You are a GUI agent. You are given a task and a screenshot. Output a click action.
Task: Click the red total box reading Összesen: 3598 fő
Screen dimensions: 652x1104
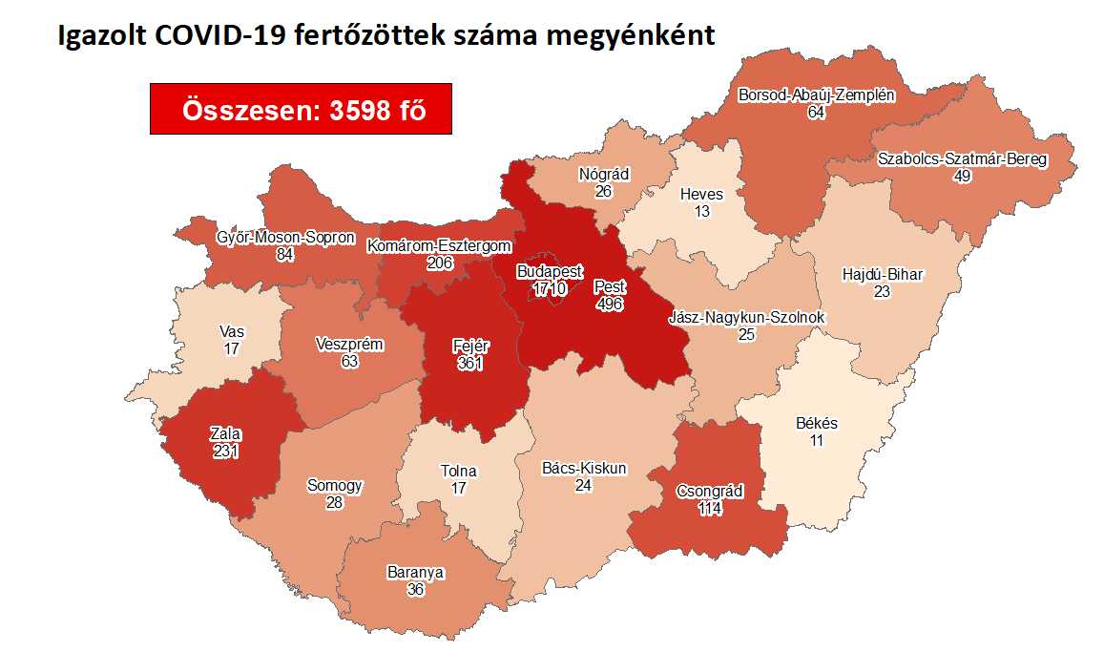coord(301,109)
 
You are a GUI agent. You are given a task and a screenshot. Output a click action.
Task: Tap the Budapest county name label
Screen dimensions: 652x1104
coord(550,272)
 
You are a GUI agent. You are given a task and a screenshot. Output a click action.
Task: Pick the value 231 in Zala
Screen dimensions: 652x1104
coord(227,452)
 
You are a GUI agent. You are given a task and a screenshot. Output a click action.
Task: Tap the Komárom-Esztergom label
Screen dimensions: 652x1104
coord(440,246)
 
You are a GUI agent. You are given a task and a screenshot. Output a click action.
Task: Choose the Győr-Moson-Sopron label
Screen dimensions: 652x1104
coord(285,237)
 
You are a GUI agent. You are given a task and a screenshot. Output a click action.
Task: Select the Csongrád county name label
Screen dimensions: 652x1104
coord(709,493)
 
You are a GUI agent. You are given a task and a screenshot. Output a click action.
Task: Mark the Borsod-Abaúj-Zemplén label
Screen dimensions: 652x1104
coord(816,95)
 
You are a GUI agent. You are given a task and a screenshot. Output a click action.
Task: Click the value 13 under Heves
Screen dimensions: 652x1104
coord(702,211)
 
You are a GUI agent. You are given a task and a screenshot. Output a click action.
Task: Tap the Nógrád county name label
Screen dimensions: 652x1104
coord(603,176)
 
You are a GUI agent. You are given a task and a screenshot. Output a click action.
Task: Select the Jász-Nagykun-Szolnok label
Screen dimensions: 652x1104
coord(747,318)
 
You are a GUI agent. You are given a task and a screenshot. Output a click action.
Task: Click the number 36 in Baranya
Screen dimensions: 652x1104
coord(415,589)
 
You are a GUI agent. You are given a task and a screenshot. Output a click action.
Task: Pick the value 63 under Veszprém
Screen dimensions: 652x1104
coord(348,360)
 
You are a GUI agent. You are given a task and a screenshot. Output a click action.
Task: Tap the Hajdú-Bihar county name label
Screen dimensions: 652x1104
coord(883,275)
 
